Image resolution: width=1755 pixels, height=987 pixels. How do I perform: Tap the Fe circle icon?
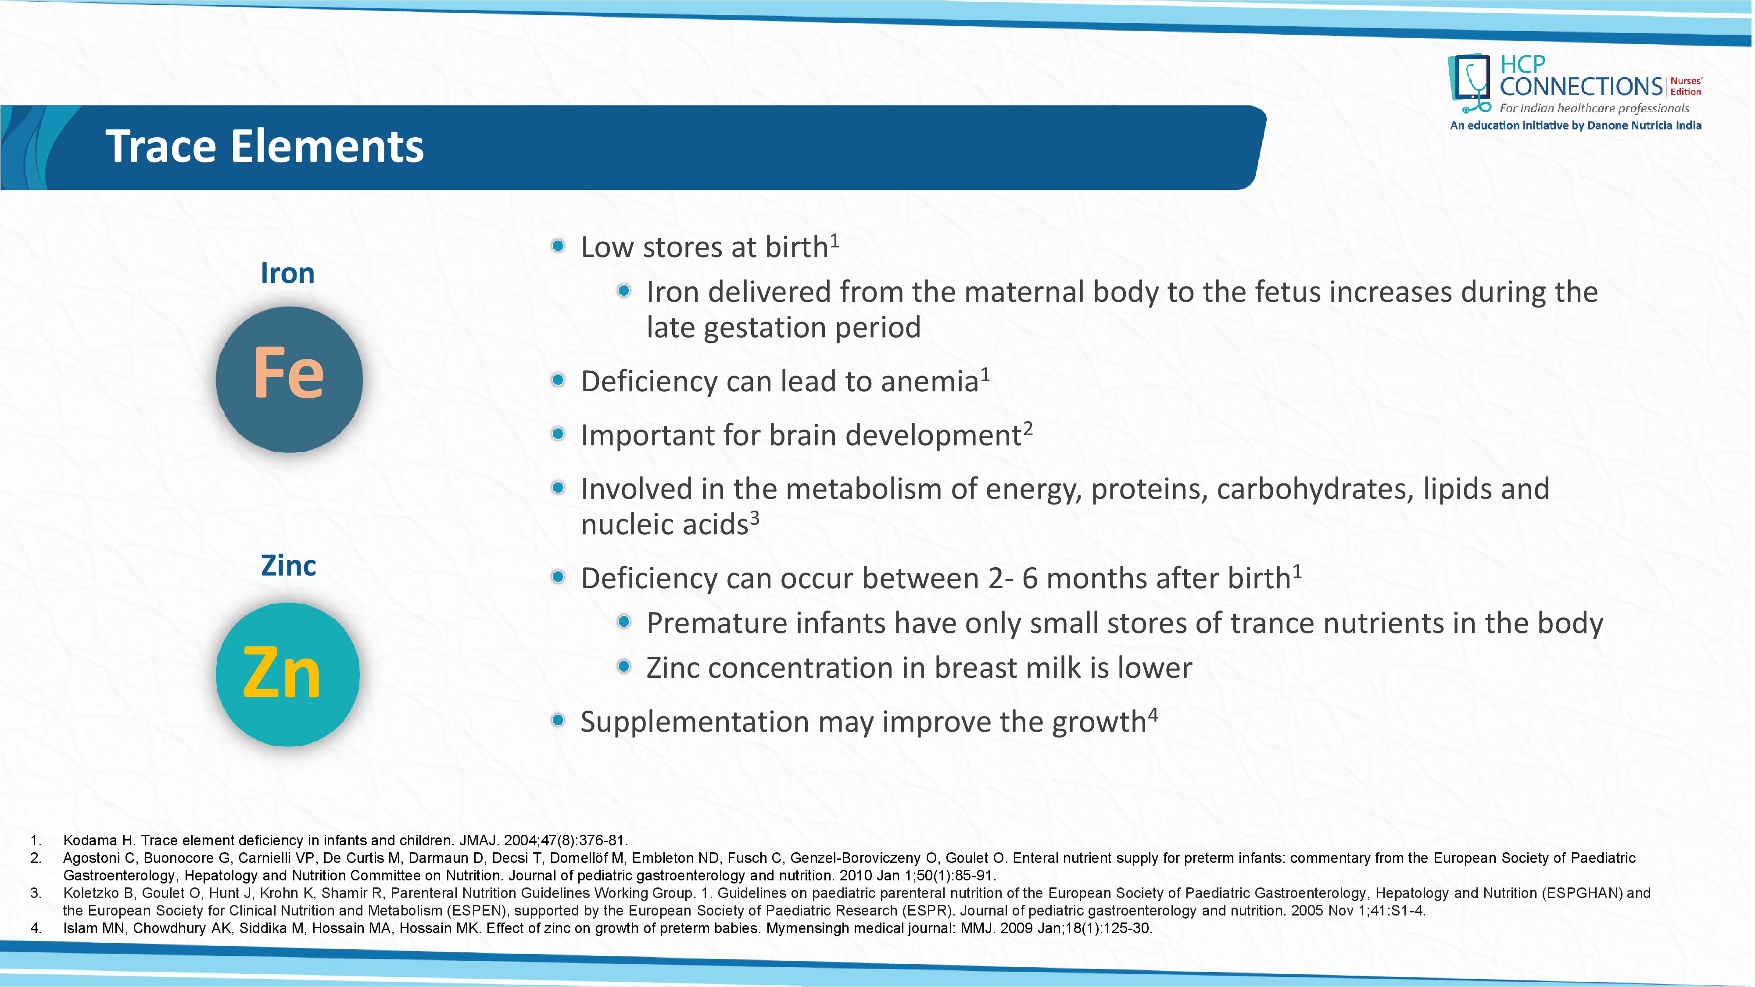click(290, 379)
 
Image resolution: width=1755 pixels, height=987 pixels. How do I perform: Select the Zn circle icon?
click(287, 674)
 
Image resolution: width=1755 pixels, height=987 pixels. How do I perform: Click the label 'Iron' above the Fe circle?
click(287, 273)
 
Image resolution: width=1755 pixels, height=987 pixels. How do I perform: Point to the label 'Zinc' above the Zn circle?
click(288, 566)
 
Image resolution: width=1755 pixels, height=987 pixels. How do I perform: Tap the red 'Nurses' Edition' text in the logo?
click(1686, 86)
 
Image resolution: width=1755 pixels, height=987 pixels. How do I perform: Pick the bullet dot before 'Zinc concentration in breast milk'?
click(623, 666)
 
